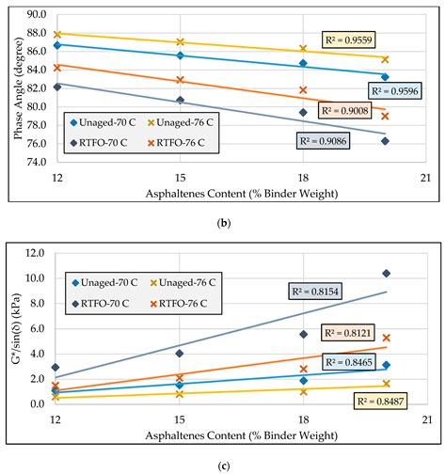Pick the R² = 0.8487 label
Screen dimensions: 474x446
[386, 401]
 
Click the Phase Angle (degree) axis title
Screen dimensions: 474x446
[16, 87]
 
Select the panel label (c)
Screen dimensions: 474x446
[223, 463]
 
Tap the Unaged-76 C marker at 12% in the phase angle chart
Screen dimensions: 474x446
[57, 34]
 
